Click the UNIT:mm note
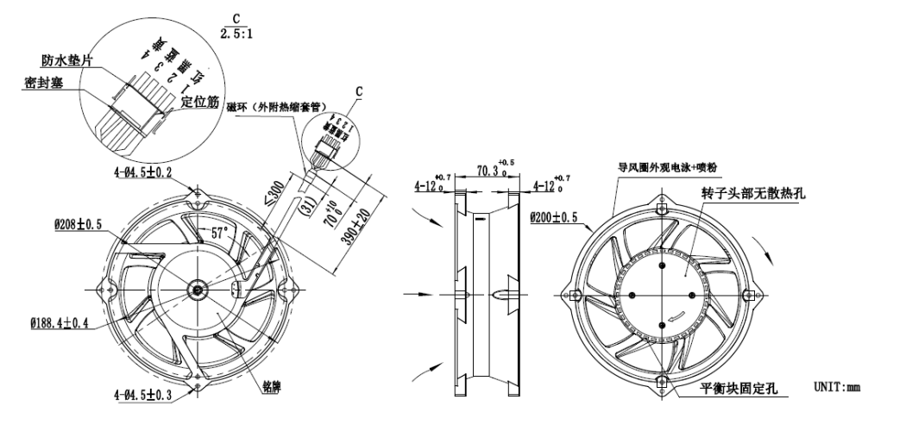(837, 387)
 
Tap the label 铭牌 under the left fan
(273, 386)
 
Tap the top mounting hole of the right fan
(662, 209)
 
